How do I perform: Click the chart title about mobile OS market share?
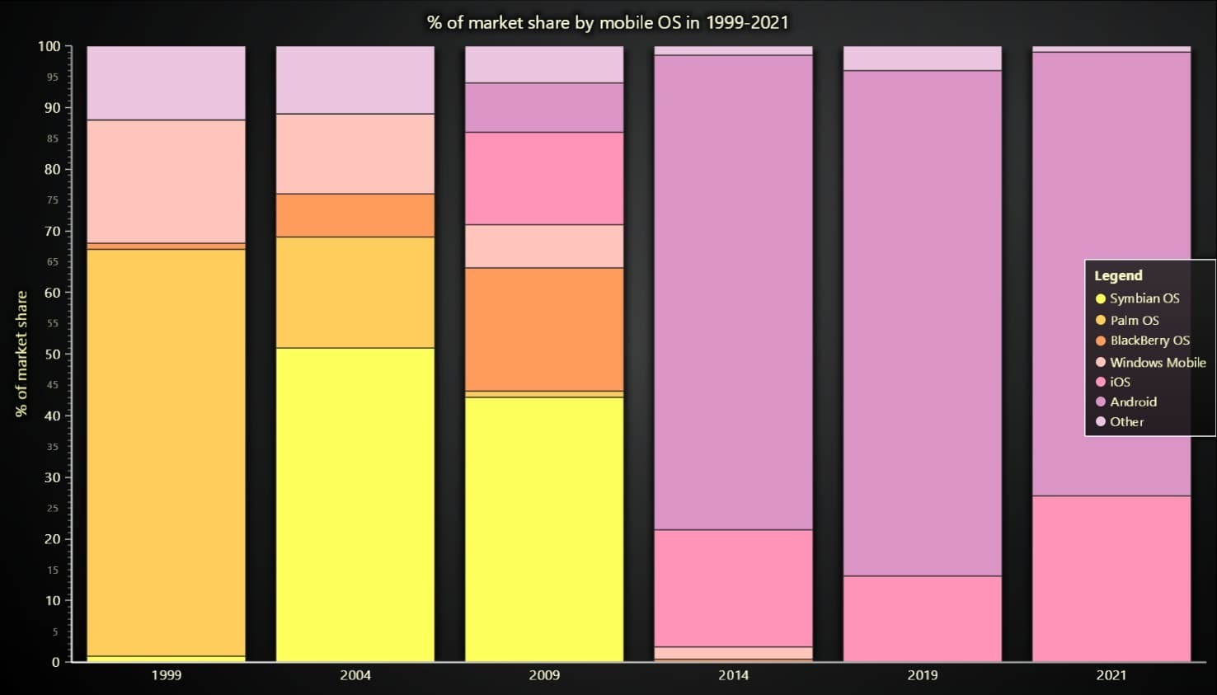coord(608,22)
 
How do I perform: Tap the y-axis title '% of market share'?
coord(21,354)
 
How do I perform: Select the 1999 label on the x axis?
coord(166,675)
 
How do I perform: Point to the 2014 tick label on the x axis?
coord(733,675)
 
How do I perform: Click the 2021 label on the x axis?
coord(1111,675)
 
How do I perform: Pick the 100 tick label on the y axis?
coord(49,46)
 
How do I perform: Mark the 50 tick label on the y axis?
coord(52,355)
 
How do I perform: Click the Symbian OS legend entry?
coord(1144,298)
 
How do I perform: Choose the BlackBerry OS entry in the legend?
coord(1149,340)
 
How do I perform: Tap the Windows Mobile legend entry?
coord(1157,362)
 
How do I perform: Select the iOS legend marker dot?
coord(1100,382)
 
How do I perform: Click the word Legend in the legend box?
coord(1118,275)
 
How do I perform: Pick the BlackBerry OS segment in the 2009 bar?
coord(544,329)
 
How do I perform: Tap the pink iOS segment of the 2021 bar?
coord(1111,578)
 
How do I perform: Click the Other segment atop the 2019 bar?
coord(922,59)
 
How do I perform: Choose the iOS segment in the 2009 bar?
coord(544,178)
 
